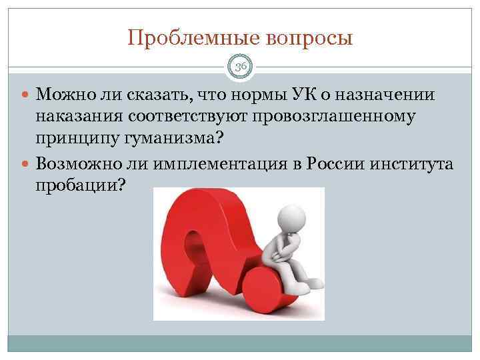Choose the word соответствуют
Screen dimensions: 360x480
(x=190, y=117)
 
